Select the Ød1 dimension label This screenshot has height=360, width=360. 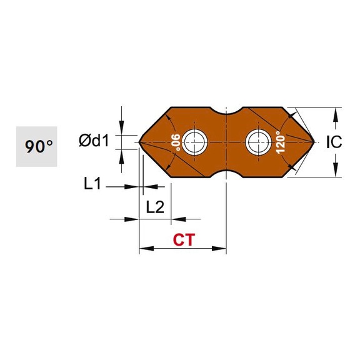(x=94, y=141)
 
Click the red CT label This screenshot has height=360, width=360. (x=182, y=239)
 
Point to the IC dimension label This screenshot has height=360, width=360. (x=334, y=142)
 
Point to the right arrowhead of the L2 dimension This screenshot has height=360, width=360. (x=176, y=219)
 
